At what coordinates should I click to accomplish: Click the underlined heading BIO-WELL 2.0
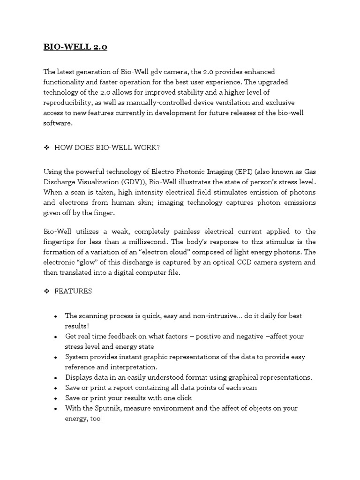[x=75, y=47]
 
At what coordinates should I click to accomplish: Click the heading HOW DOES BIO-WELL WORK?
[x=107, y=148]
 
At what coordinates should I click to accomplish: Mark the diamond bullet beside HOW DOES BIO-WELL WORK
[x=46, y=148]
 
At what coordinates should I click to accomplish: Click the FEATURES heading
[x=73, y=291]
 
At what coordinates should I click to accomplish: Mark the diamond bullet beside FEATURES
[x=46, y=291]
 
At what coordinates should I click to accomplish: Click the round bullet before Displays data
[x=56, y=378]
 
